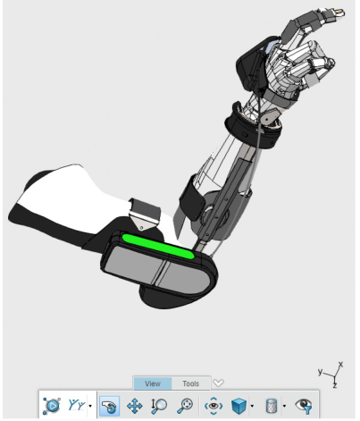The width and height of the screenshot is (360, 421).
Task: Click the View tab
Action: point(153,383)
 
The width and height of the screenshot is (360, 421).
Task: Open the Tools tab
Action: point(190,383)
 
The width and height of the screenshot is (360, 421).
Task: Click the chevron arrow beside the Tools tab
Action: point(218,383)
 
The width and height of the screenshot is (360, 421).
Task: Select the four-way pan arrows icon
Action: point(135,406)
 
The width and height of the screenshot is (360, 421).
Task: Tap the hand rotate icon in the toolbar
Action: point(109,406)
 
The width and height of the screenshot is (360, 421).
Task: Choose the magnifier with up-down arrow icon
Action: point(159,406)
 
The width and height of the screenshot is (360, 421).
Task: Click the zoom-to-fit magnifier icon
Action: point(185,406)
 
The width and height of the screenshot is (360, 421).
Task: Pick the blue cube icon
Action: point(239,406)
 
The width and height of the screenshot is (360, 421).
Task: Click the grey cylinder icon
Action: point(271,406)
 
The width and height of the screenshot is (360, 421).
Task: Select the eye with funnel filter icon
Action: point(304,406)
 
